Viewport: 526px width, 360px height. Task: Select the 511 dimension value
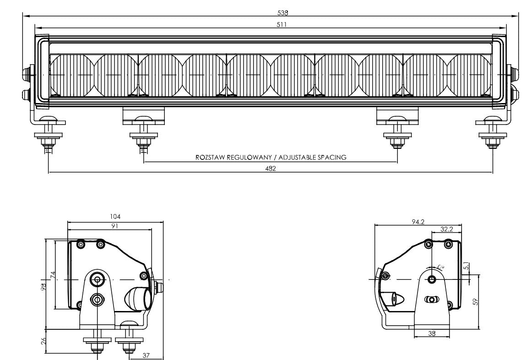(x=282, y=25)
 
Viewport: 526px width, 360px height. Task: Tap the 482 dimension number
(x=271, y=168)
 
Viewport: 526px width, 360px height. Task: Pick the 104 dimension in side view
(x=115, y=216)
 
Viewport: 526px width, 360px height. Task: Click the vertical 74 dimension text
(x=53, y=275)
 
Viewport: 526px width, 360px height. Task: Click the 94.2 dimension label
(x=418, y=222)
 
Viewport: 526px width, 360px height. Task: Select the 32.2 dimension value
(x=447, y=229)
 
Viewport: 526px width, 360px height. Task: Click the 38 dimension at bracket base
(x=432, y=333)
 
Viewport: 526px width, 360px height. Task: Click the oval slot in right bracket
(x=432, y=300)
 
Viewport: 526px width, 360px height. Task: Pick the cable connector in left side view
(x=138, y=299)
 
